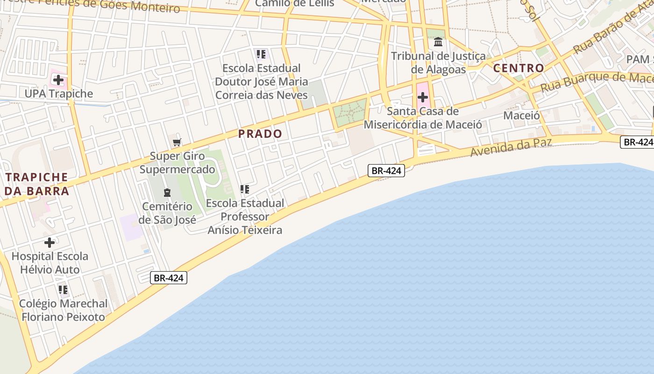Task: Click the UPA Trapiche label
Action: coord(59,93)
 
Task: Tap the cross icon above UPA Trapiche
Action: coord(58,80)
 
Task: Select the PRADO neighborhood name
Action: coord(260,134)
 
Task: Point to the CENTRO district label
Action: coord(519,68)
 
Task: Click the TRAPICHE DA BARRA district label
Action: coord(37,184)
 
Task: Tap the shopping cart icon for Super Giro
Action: coord(177,143)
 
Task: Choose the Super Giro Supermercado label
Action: coord(177,162)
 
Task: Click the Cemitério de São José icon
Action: coord(167,192)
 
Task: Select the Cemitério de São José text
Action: coord(167,213)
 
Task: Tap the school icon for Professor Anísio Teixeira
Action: coord(244,189)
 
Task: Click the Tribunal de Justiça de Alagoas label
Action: coord(438,63)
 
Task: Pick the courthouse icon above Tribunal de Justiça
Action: coord(438,43)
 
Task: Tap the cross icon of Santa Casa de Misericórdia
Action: coord(423,97)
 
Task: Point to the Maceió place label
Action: coord(521,115)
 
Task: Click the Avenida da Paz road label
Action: coord(511,147)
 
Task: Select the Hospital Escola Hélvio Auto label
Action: coord(50,263)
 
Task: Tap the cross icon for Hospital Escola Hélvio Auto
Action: coord(50,243)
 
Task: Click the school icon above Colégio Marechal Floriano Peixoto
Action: coord(63,290)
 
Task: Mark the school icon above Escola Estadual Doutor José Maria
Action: coord(261,54)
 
